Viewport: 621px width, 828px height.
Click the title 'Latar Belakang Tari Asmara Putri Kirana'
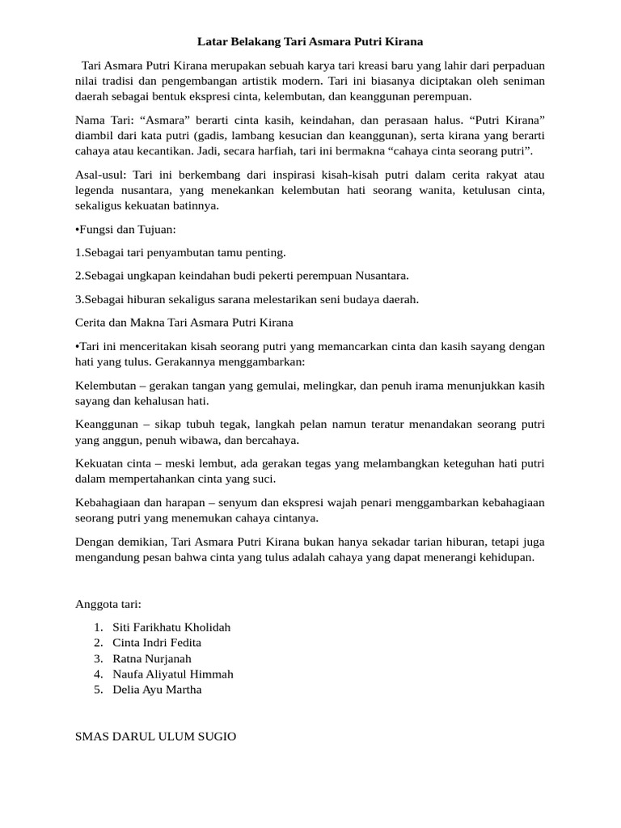pos(310,40)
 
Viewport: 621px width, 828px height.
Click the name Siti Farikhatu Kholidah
pos(171,627)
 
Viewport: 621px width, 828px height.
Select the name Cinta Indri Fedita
pos(157,642)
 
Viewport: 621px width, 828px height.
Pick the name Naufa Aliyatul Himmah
pos(173,674)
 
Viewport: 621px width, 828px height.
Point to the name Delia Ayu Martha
pos(157,690)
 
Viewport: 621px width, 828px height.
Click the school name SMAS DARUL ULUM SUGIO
pos(155,737)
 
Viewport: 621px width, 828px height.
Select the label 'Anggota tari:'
pos(108,603)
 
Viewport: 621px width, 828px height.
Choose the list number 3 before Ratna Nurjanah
pos(98,658)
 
